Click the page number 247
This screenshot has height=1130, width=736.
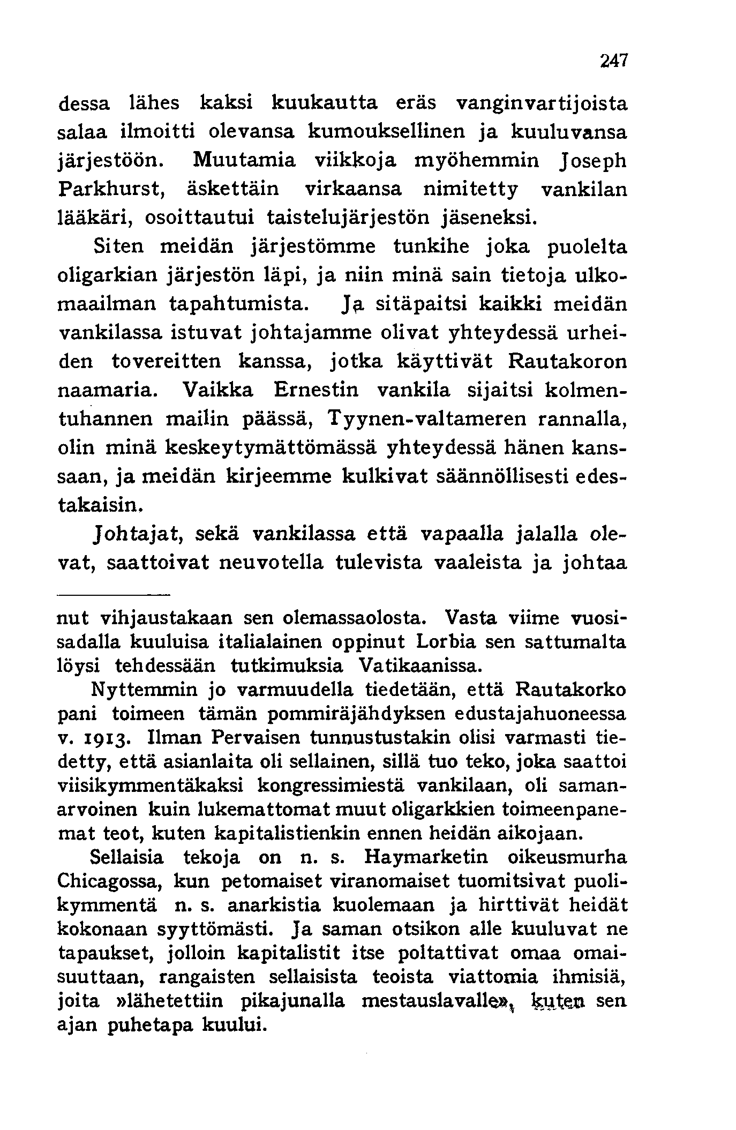[x=613, y=60]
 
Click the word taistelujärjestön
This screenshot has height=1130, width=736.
[x=351, y=218]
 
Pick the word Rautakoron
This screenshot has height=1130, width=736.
[x=566, y=361]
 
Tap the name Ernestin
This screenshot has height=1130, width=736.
[x=315, y=390]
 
